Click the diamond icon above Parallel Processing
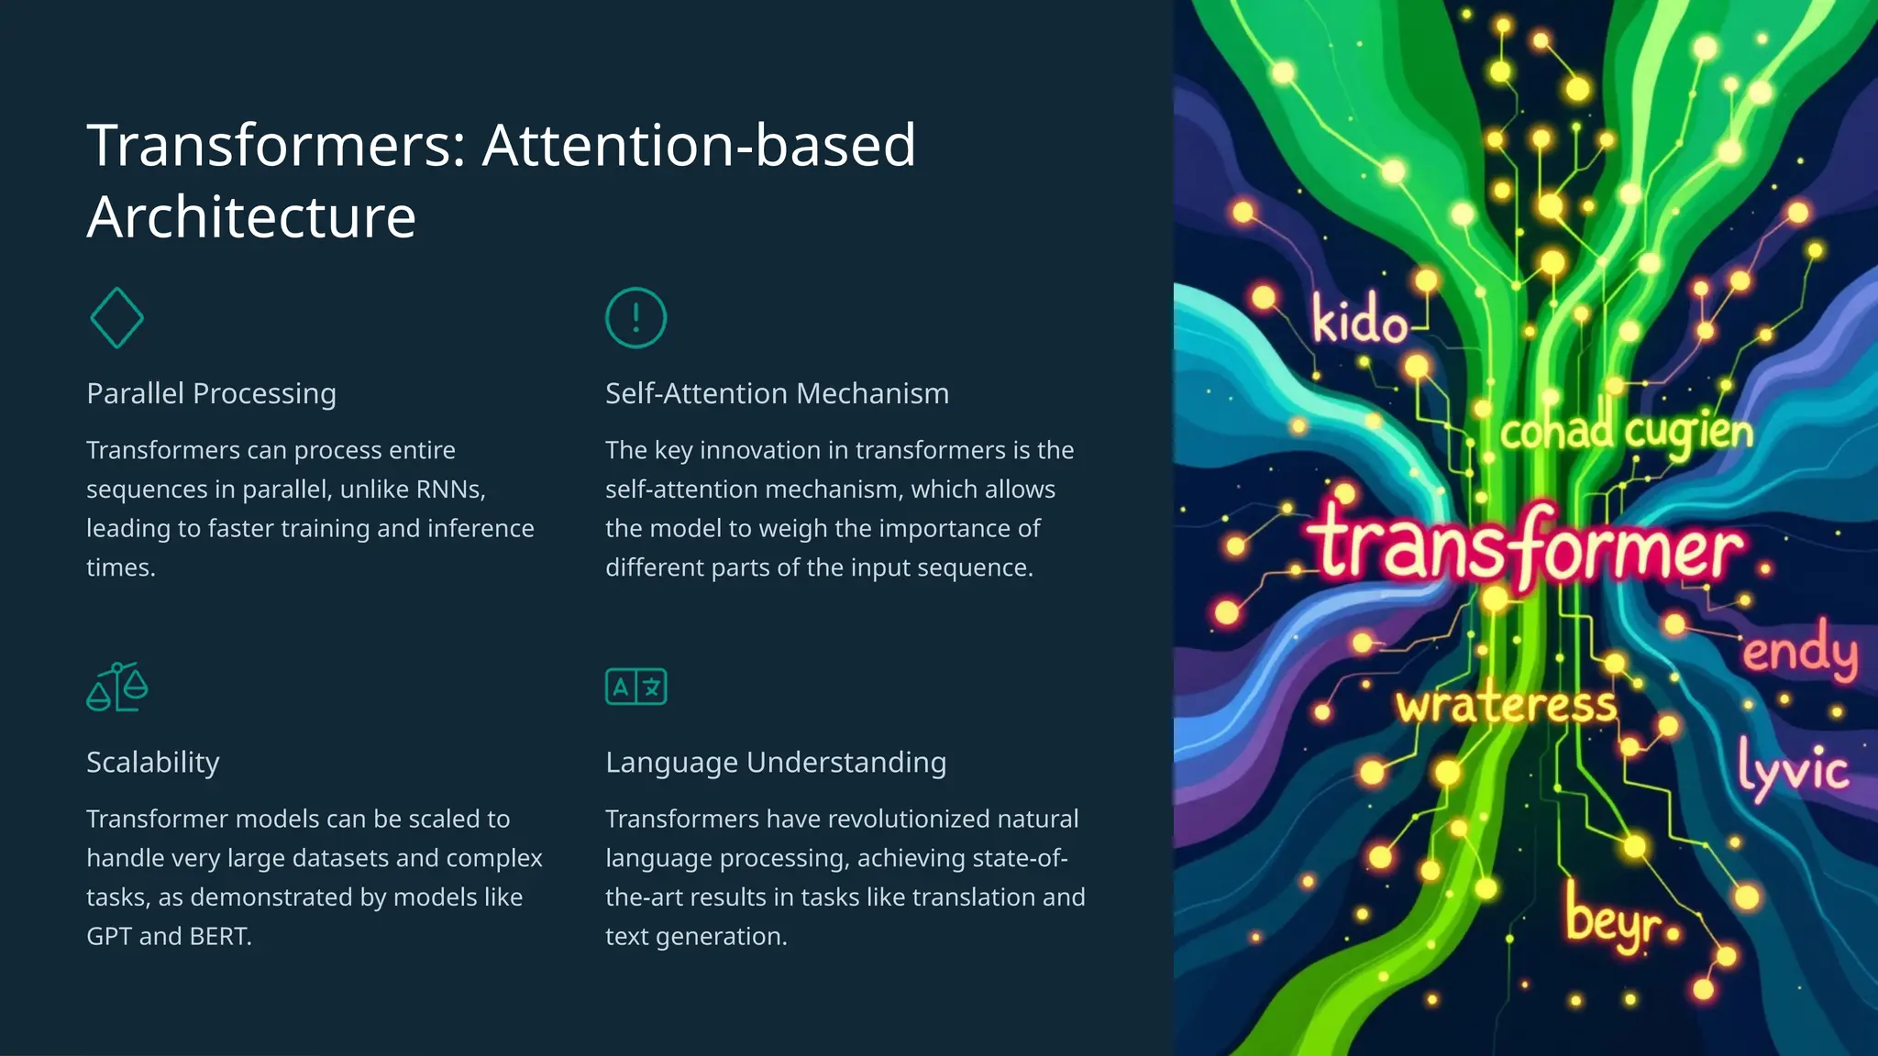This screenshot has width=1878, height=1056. click(117, 318)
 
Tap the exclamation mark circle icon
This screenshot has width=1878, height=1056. click(635, 318)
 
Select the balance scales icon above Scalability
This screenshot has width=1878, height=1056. click(117, 687)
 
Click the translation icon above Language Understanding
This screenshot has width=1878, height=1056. click(635, 687)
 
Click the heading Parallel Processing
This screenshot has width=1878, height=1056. click(211, 393)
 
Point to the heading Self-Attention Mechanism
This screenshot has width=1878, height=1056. click(777, 393)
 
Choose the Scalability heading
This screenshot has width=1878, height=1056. click(153, 762)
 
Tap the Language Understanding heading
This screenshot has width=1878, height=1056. click(776, 762)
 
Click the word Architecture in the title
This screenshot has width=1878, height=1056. click(251, 217)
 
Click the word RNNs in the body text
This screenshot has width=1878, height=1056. click(448, 489)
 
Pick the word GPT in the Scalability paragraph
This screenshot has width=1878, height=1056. click(109, 936)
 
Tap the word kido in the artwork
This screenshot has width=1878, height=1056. click(1359, 321)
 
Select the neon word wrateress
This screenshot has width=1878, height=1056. click(1506, 704)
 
